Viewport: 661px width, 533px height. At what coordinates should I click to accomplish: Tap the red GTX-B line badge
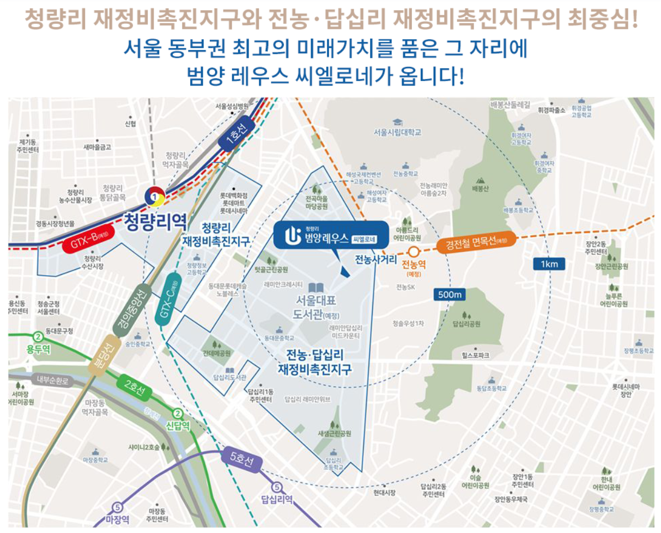90,239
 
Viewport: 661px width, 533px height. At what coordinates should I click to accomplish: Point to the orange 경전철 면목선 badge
474,243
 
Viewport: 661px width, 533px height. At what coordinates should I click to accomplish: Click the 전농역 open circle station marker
414,252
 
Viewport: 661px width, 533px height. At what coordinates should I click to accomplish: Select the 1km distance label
549,264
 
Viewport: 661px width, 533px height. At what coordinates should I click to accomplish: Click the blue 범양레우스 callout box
331,235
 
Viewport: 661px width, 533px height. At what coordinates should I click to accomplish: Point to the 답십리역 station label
277,499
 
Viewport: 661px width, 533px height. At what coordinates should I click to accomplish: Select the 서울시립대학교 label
398,132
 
